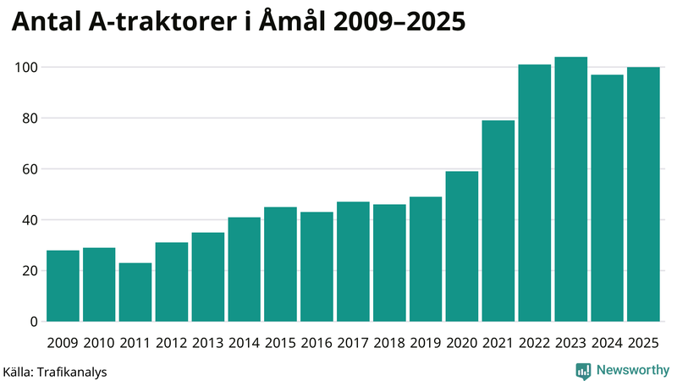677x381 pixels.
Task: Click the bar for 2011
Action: click(135, 292)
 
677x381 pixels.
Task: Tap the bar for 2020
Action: click(462, 246)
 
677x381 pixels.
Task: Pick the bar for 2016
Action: click(316, 267)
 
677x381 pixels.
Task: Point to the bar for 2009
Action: click(63, 286)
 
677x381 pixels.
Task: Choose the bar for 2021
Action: click(498, 221)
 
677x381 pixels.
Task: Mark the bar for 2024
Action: click(608, 198)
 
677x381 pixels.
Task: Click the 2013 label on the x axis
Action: click(208, 343)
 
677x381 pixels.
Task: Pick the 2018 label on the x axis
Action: click(389, 343)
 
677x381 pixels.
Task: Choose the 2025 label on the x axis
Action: click(643, 343)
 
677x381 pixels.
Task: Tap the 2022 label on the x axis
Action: click(535, 343)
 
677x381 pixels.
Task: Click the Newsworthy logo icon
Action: click(583, 370)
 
